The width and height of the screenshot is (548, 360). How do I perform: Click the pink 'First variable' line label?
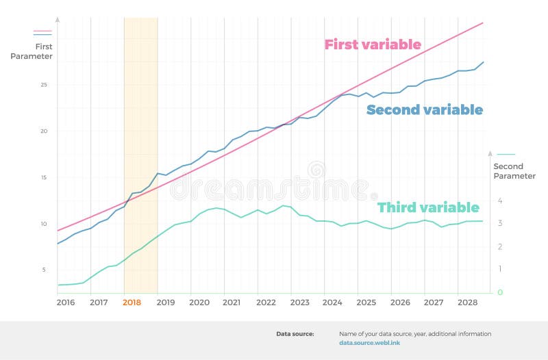pyautogui.click(x=372, y=45)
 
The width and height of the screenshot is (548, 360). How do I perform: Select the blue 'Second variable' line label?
pyautogui.click(x=424, y=110)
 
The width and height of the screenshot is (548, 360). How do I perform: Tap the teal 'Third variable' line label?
pyautogui.click(x=428, y=207)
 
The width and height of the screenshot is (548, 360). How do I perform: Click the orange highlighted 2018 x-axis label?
pyautogui.click(x=132, y=303)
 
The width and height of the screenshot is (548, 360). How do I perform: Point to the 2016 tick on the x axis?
pyautogui.click(x=66, y=303)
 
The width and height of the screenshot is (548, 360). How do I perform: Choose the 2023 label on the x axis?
pyautogui.click(x=299, y=303)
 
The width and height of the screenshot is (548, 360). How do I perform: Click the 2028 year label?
pyautogui.click(x=467, y=303)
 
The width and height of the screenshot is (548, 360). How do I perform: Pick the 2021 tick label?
pyautogui.click(x=232, y=303)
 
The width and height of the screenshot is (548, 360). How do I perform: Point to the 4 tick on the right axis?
pyautogui.click(x=500, y=201)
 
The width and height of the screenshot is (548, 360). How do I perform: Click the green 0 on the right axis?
pyautogui.click(x=500, y=293)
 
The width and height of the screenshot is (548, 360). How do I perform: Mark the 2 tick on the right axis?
pyautogui.click(x=500, y=247)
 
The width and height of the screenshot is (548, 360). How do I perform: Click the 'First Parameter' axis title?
pyautogui.click(x=32, y=51)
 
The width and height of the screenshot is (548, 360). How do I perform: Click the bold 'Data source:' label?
pyautogui.click(x=295, y=334)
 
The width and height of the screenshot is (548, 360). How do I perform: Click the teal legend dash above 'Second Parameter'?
pyautogui.click(x=506, y=155)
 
